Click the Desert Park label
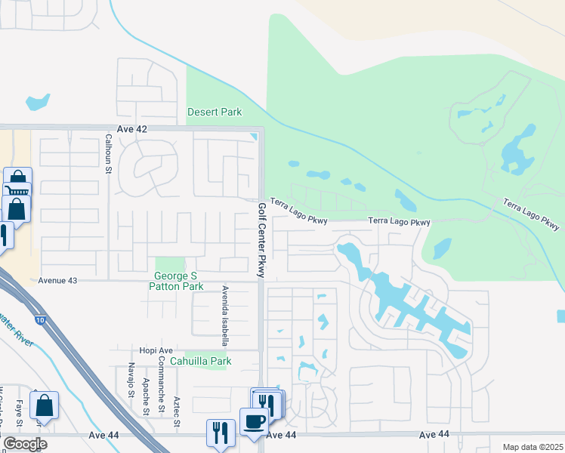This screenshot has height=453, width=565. click(215, 112)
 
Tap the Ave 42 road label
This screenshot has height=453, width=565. click(131, 129)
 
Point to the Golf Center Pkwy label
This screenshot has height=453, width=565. click(262, 241)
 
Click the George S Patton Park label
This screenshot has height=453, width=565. click(179, 281)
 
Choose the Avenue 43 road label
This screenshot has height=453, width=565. click(57, 281)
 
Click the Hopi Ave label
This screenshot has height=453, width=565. click(156, 350)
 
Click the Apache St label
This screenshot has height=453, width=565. click(145, 396)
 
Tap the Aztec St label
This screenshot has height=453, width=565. click(177, 411)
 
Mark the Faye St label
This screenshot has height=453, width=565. click(17, 413)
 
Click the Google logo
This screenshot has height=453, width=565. click(25, 444)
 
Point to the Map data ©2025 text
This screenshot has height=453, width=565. click(532, 447)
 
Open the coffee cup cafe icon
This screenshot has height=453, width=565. click(254, 421)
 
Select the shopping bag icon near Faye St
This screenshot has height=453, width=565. click(44, 405)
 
